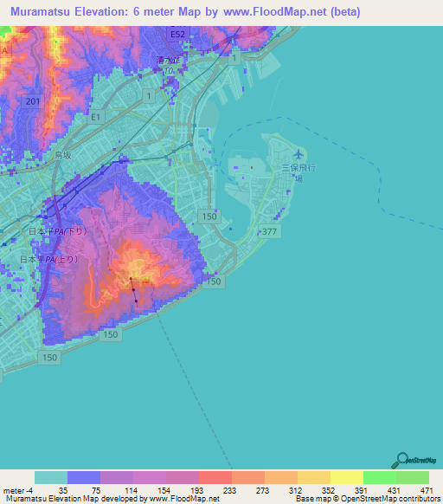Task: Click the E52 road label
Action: [177, 35]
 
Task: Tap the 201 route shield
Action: [33, 102]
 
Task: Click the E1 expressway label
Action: [95, 116]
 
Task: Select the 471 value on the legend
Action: [424, 489]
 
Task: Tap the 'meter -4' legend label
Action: [19, 489]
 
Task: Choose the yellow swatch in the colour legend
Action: [346, 477]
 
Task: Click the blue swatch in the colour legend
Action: [84, 477]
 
